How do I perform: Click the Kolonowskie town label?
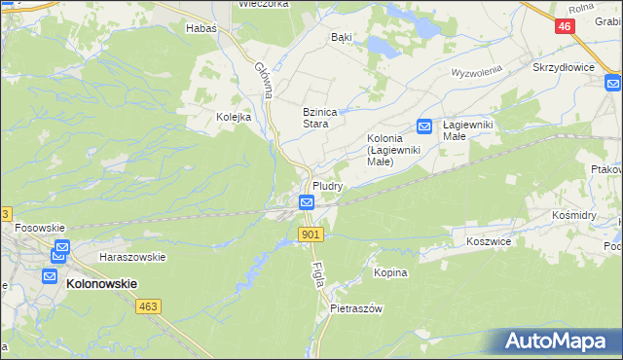pyautogui.click(x=101, y=283)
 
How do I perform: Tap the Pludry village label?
pyautogui.click(x=326, y=185)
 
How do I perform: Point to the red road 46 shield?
pyautogui.click(x=565, y=27)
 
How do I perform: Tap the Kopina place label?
pyautogui.click(x=390, y=273)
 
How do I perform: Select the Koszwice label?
pyautogui.click(x=489, y=239)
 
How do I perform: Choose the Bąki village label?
pyautogui.click(x=342, y=36)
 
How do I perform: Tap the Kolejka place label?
pyautogui.click(x=234, y=117)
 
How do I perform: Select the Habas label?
pyautogui.click(x=201, y=28)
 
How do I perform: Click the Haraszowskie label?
pyautogui.click(x=132, y=257)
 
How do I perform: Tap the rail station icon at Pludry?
pyautogui.click(x=307, y=202)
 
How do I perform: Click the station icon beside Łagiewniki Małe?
pyautogui.click(x=424, y=126)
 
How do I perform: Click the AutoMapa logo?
pyautogui.click(x=561, y=341)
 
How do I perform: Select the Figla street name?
pyautogui.click(x=318, y=271)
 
